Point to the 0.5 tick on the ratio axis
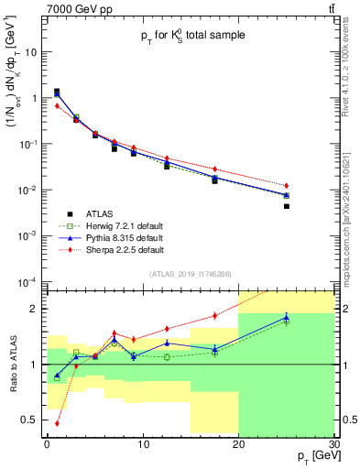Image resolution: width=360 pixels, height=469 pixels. (32, 420)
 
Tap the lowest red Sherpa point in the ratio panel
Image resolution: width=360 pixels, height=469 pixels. (57, 423)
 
